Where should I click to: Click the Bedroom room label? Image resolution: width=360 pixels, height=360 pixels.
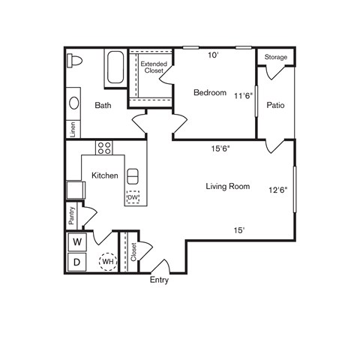[210, 93]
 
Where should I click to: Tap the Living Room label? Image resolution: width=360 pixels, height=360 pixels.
[227, 186]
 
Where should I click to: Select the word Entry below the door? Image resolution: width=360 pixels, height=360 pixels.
[159, 280]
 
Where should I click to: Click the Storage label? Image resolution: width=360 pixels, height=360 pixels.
[275, 57]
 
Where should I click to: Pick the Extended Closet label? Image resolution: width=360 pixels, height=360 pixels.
[153, 67]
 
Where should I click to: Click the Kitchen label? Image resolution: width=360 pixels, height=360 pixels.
[104, 175]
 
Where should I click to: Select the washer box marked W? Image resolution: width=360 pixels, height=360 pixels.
[76, 242]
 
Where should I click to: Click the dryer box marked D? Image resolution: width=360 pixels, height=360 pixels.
[76, 262]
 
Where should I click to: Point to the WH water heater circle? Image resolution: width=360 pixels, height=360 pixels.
[107, 261]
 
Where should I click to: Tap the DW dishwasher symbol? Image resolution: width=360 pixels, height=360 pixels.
[133, 198]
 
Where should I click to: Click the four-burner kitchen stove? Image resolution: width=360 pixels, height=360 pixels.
[103, 148]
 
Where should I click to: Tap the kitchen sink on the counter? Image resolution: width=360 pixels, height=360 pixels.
[133, 176]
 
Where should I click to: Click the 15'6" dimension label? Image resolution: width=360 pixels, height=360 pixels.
[220, 148]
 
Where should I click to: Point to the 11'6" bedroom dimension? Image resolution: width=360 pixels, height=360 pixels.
[244, 96]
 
